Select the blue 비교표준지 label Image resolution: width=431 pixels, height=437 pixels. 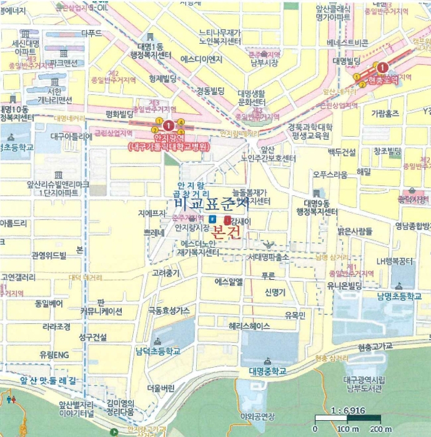212,204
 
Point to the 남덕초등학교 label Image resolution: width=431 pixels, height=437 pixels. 158,351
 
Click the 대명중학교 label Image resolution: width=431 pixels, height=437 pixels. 267,371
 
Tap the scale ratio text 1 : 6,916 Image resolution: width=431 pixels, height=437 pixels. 350,416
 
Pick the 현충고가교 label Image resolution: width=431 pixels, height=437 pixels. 375,346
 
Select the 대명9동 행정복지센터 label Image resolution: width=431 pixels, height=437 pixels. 325,208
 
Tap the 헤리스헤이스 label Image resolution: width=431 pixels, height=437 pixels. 249,327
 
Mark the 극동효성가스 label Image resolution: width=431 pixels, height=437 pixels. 168,310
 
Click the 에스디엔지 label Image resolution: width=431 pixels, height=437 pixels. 201,60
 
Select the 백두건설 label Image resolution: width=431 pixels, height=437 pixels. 342,152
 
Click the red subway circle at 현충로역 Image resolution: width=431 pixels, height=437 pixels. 382,67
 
